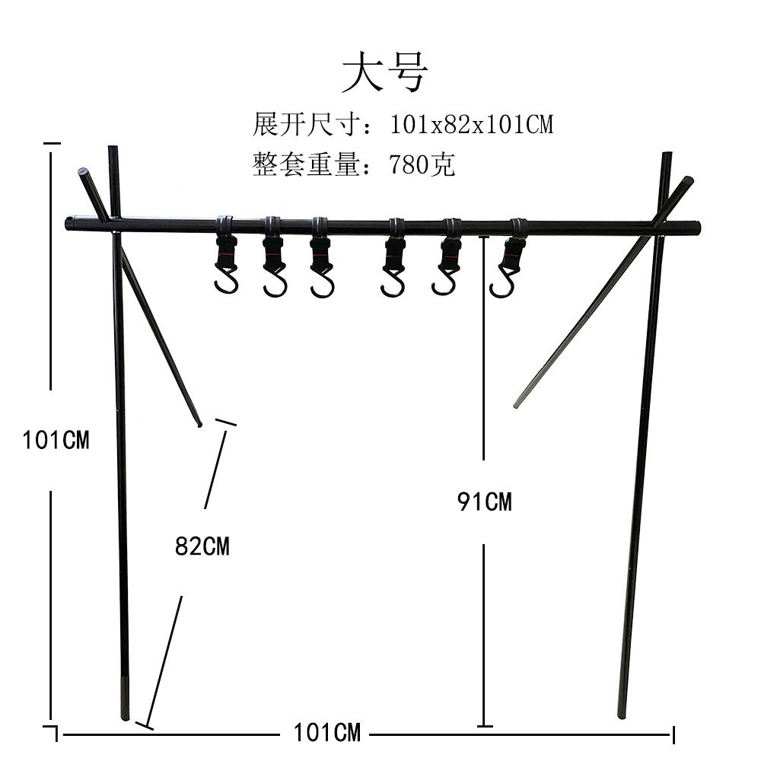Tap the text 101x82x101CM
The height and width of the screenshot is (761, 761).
pos(471,123)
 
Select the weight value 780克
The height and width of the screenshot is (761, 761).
pos(422,164)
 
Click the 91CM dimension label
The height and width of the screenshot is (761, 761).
pos(485,501)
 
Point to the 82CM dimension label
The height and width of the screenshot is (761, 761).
pos(202,546)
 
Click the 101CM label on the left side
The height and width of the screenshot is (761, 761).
pos(56,439)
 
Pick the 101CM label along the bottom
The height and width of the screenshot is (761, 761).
pos(326,733)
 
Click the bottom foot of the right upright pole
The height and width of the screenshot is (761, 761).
pos(622,713)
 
